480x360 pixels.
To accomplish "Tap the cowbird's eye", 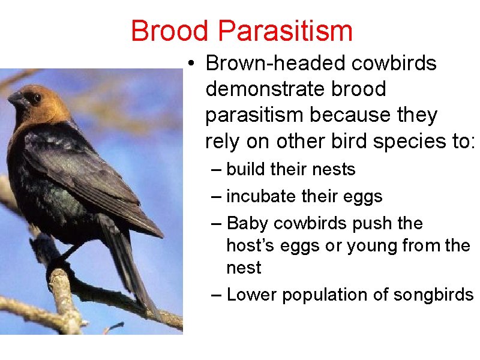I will pos(37,98).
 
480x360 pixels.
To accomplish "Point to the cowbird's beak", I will pos(17,99).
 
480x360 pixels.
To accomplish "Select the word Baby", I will pos(248,224).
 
